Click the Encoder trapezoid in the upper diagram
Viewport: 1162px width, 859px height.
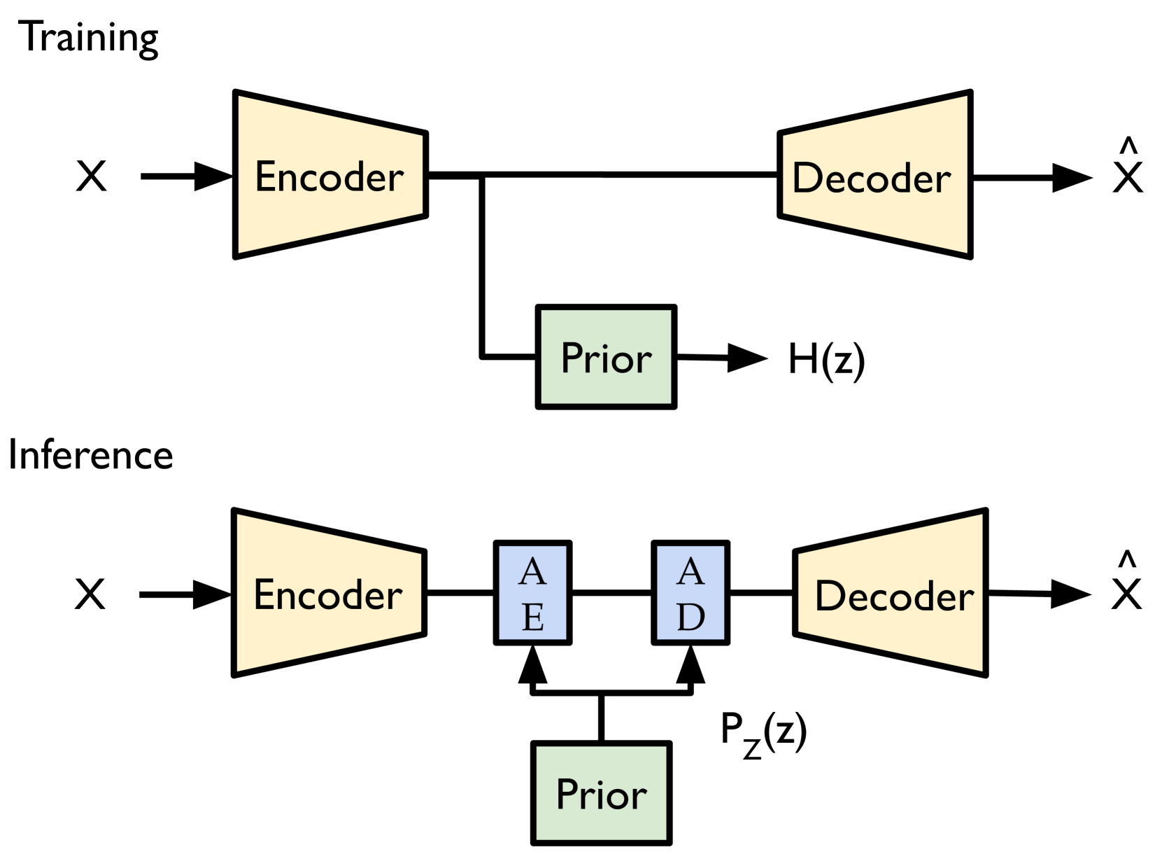point(330,174)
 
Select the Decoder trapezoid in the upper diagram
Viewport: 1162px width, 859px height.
point(875,174)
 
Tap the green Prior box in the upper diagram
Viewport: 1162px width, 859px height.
point(606,357)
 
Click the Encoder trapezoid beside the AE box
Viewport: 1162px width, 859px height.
point(329,593)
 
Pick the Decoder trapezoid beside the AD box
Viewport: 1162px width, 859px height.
point(891,593)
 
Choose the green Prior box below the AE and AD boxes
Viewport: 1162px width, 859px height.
point(601,792)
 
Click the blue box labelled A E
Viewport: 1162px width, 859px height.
point(532,592)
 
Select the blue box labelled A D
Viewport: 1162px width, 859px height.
point(690,592)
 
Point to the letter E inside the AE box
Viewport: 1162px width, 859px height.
point(533,617)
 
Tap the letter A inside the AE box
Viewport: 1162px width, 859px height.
point(532,571)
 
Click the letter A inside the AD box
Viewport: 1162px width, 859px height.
point(690,571)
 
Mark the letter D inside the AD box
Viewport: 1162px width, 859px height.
point(690,617)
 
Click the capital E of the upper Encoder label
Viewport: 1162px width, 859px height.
point(266,176)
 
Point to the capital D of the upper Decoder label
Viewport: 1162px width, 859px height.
point(807,178)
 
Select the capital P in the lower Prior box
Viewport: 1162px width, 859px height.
point(567,794)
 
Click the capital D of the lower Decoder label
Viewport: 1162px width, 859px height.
point(830,596)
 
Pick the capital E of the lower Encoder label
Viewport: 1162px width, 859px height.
point(264,594)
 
